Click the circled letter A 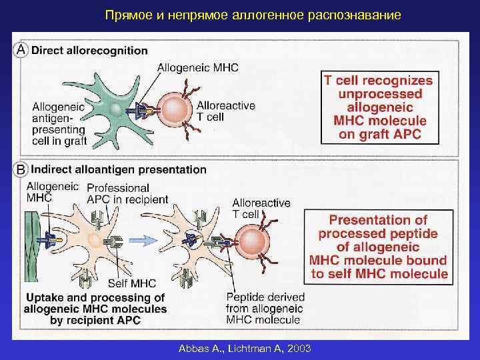(21, 50)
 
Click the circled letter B (21, 169)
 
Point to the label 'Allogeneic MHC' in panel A (198, 67)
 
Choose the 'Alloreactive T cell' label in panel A (225, 111)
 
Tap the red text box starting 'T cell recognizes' (378, 107)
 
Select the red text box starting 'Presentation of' (379, 246)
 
